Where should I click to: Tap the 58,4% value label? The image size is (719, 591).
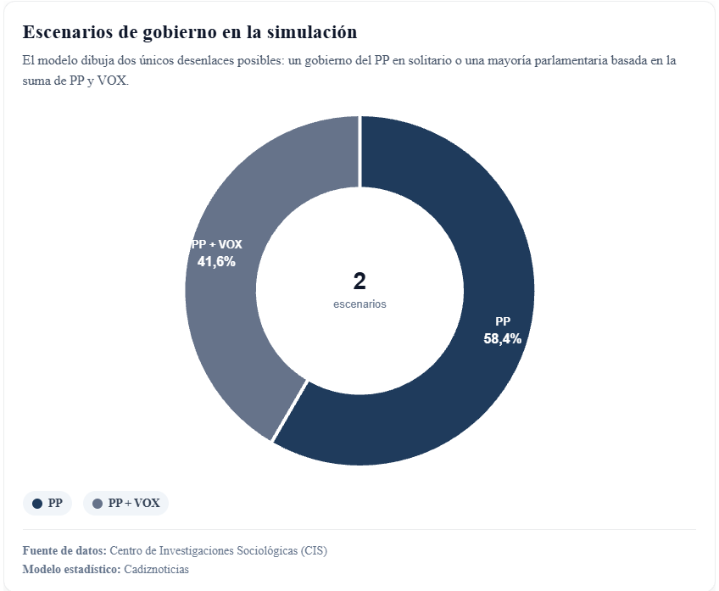click(502, 338)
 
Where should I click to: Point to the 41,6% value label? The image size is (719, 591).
click(216, 261)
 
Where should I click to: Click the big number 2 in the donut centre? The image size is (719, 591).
click(359, 282)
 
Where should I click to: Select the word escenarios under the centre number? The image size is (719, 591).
click(359, 304)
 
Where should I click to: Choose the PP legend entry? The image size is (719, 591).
click(47, 503)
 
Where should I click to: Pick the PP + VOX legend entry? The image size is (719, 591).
click(125, 503)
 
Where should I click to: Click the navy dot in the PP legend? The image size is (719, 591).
click(36, 504)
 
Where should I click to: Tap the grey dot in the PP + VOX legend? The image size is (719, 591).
click(97, 504)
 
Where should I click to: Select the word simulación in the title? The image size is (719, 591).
click(312, 32)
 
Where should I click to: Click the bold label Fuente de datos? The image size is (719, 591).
click(64, 550)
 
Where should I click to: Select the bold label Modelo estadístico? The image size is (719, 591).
click(71, 569)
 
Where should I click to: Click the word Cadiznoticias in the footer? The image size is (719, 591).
click(156, 569)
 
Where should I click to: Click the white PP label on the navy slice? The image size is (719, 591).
click(503, 321)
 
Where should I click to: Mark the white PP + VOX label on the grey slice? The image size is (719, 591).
click(217, 244)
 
